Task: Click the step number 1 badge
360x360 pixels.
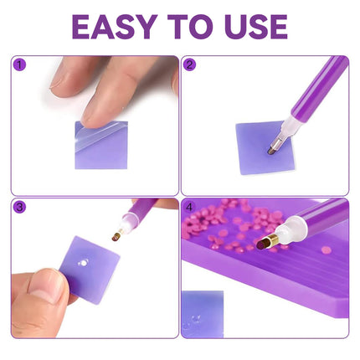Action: coord(20,64)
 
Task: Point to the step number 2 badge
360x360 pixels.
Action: coord(190,64)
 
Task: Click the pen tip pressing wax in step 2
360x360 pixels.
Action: coord(272,148)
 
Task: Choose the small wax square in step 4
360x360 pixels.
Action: coord(203,310)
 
